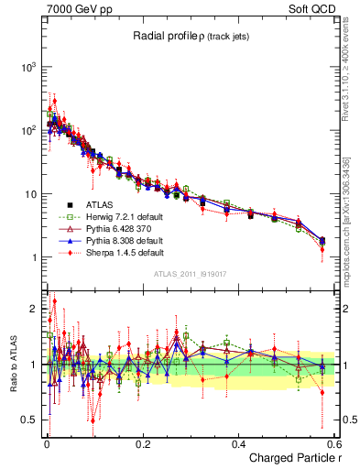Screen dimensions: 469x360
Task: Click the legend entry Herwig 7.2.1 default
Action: pos(118,216)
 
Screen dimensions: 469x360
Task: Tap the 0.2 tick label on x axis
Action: pos(142,444)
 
